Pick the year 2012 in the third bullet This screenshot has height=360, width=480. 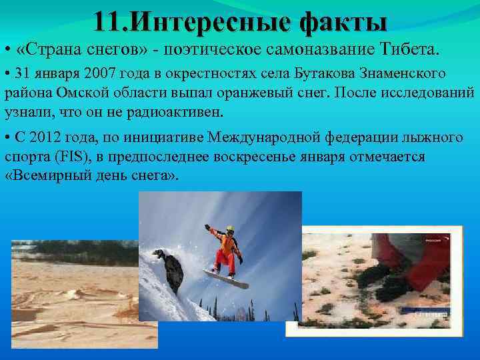(47, 138)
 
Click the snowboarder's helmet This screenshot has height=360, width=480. (230, 230)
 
